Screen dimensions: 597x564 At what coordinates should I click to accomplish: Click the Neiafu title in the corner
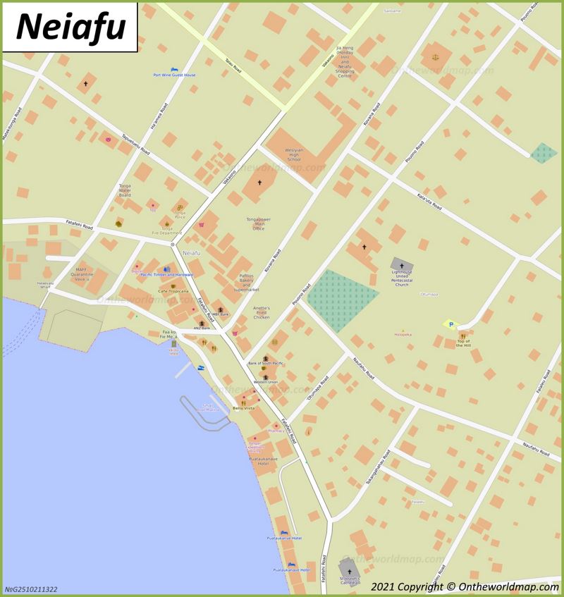(70, 27)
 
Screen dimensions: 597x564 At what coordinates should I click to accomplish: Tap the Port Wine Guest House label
(174, 75)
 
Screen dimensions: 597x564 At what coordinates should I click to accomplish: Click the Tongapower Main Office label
(258, 223)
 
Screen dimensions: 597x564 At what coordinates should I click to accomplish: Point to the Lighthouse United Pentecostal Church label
(402, 280)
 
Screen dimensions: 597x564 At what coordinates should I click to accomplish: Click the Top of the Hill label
(463, 343)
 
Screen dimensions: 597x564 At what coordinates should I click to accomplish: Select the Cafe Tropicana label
(173, 291)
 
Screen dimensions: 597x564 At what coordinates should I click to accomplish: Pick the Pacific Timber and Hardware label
(166, 274)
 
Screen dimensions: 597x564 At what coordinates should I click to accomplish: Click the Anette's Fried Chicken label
(262, 312)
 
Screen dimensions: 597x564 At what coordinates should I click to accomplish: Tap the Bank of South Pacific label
(266, 363)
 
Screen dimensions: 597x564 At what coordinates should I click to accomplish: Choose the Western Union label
(266, 381)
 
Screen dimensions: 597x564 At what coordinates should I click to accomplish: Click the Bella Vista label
(244, 408)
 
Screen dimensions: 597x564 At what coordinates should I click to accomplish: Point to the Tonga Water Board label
(125, 190)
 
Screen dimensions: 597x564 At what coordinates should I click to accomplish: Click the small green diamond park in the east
(543, 153)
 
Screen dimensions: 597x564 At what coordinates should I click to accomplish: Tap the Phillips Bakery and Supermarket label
(246, 283)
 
